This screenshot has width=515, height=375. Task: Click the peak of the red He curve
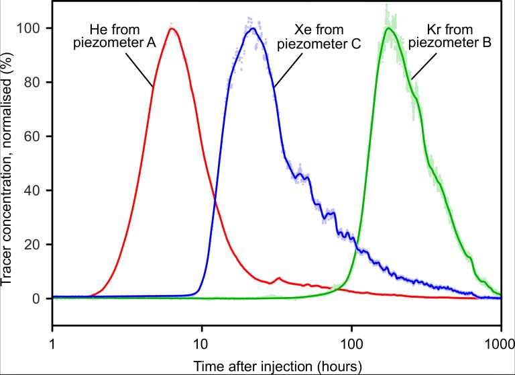[172, 29]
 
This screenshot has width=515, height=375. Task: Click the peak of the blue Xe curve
[252, 28]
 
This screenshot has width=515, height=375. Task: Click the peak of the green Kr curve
[388, 28]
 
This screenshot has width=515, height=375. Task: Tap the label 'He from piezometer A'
[123, 36]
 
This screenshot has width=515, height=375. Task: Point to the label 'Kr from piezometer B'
[459, 36]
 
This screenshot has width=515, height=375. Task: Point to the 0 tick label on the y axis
[38, 298]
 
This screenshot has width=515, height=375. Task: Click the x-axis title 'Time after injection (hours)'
[278, 366]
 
